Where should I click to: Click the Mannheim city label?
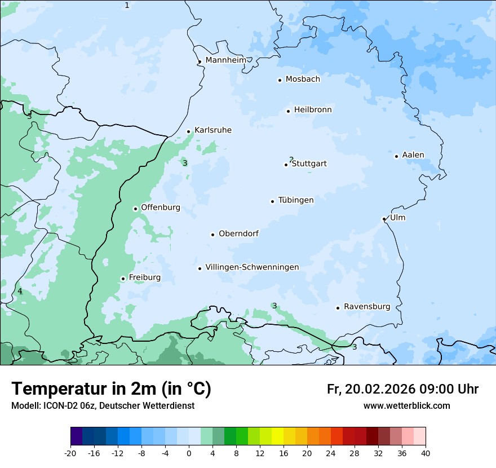pyautogui.click(x=225, y=60)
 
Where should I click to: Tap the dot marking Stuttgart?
pyautogui.click(x=286, y=165)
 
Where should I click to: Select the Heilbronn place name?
pyautogui.click(x=313, y=110)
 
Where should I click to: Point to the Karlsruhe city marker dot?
pyautogui.click(x=189, y=131)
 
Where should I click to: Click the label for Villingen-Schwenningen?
pyautogui.click(x=252, y=267)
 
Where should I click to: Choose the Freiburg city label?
pyautogui.click(x=144, y=277)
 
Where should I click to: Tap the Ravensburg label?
pyautogui.click(x=367, y=307)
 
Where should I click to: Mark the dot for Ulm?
pyautogui.click(x=384, y=219)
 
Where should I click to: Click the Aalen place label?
pyautogui.click(x=413, y=155)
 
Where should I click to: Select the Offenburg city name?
pyautogui.click(x=161, y=207)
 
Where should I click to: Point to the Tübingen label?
pyautogui.click(x=296, y=200)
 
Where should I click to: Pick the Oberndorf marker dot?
pyautogui.click(x=212, y=235)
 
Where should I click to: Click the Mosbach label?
pyautogui.click(x=303, y=80)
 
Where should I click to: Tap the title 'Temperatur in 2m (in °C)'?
pyautogui.click(x=111, y=389)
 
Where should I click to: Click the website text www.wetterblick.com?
pyautogui.click(x=406, y=406)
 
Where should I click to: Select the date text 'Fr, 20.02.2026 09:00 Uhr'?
pyautogui.click(x=402, y=389)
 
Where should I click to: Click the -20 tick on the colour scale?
pyautogui.click(x=70, y=453)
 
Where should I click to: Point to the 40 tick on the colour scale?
pyautogui.click(x=425, y=453)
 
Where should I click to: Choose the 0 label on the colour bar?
pyautogui.click(x=189, y=453)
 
